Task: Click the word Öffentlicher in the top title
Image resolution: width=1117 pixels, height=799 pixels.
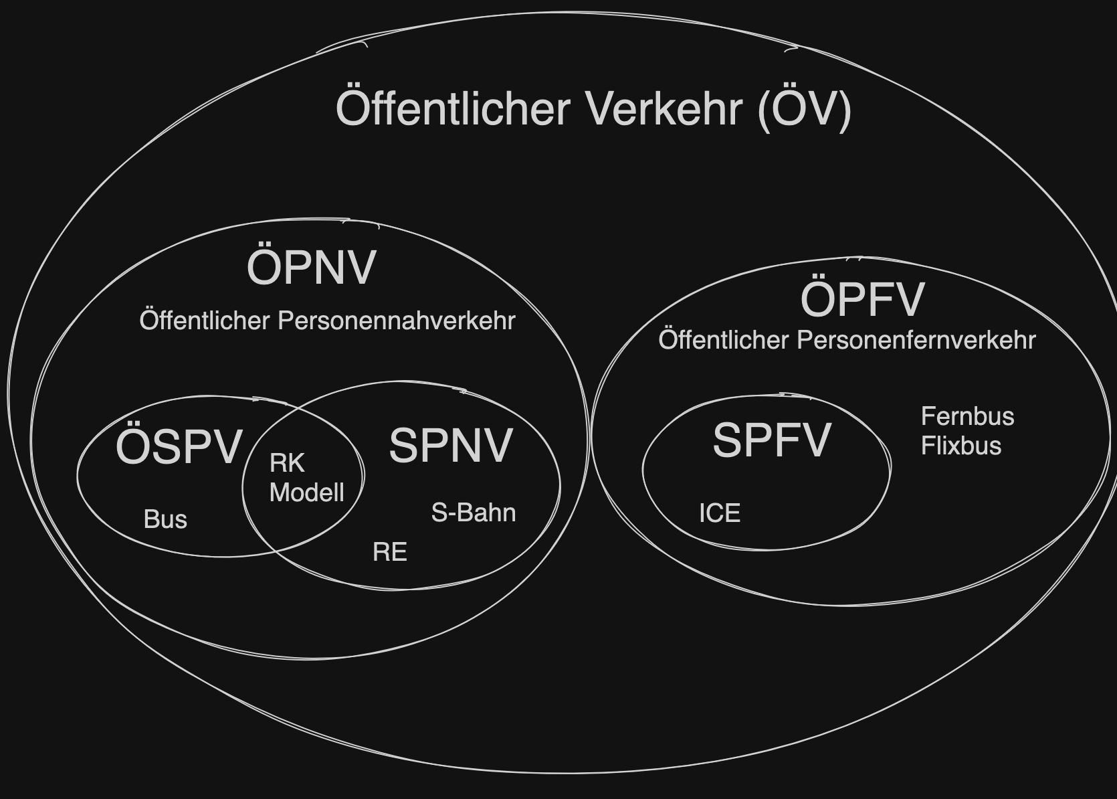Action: (453, 108)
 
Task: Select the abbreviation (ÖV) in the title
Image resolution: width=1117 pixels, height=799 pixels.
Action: (804, 110)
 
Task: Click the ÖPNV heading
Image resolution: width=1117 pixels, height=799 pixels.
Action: (312, 267)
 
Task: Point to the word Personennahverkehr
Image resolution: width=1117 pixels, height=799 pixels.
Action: (397, 321)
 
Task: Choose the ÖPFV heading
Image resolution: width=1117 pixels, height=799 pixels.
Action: (862, 298)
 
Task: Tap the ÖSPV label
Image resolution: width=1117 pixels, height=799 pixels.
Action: (179, 447)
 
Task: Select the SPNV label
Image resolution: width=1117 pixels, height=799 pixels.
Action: (451, 446)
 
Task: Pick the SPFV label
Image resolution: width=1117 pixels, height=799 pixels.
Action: (772, 440)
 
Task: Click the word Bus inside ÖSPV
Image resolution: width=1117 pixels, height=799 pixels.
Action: (165, 519)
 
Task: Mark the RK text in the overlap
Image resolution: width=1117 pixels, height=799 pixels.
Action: (287, 463)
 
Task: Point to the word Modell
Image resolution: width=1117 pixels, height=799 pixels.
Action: (306, 493)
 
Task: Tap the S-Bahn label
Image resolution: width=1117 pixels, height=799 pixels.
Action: (474, 513)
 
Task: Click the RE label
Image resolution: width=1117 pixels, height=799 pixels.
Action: (390, 552)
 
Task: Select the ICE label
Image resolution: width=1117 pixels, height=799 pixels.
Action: (720, 513)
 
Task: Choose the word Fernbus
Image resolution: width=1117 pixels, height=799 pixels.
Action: (967, 416)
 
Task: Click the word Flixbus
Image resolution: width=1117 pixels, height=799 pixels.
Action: (961, 446)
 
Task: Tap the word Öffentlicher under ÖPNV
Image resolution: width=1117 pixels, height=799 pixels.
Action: (204, 321)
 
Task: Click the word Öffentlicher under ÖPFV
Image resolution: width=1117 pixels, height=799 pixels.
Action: (724, 340)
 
